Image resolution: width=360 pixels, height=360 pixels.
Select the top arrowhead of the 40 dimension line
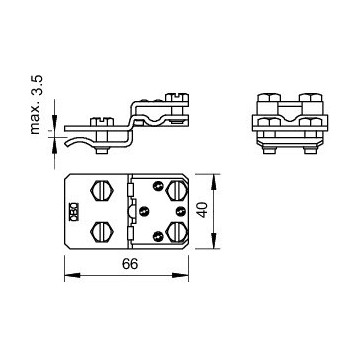[213, 176]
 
